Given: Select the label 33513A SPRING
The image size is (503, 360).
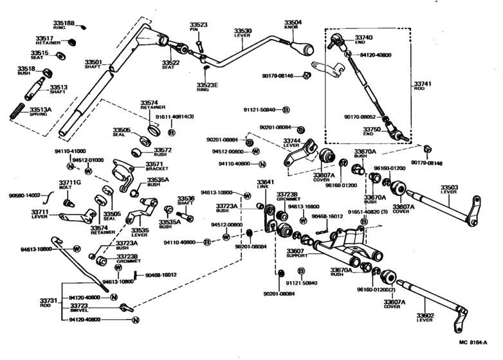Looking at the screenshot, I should pos(41,111).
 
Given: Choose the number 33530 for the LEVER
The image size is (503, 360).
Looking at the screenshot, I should pos(242,30).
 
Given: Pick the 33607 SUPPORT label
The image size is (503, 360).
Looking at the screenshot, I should pos(297,253).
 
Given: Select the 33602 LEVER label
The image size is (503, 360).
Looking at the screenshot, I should pos(425,317).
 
